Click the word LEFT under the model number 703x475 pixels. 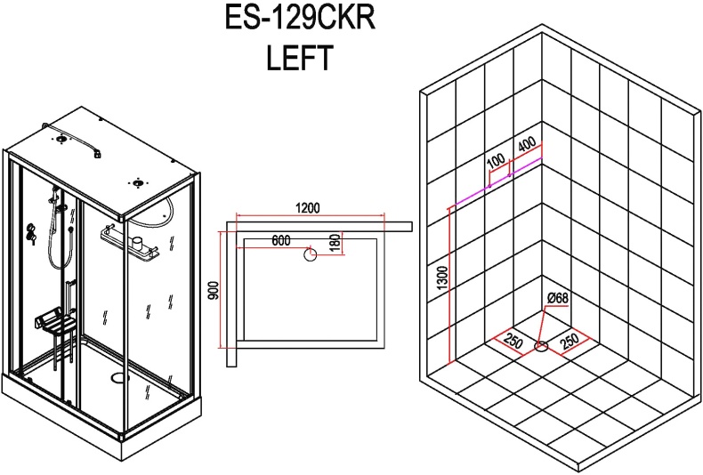(x=299, y=58)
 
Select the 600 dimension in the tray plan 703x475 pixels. (x=281, y=240)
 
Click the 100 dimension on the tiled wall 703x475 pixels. (x=496, y=161)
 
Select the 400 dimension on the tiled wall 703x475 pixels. (x=526, y=144)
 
